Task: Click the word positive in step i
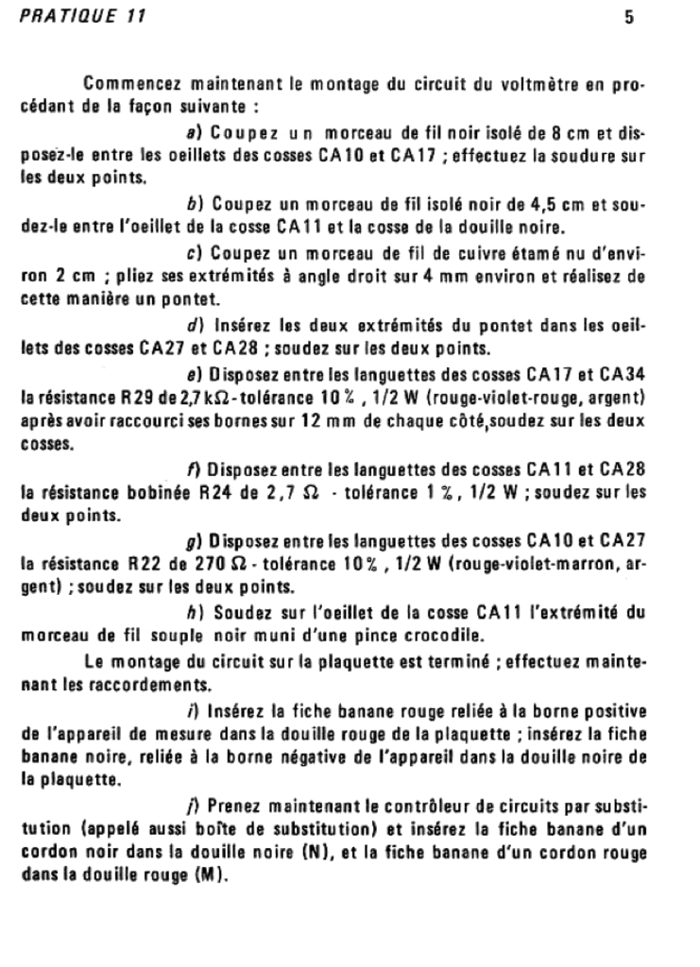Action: pyautogui.click(x=615, y=708)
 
